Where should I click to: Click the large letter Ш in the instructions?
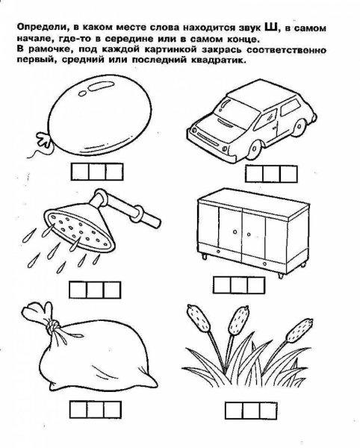coord(271,27)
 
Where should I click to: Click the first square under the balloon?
coord(80,172)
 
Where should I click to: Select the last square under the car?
coord(288,174)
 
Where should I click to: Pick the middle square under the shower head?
coord(95,290)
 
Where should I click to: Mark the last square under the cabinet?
coord(256,285)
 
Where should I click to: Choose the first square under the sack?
coord(78,409)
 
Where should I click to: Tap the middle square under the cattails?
coord(251,411)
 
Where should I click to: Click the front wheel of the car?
coord(255,149)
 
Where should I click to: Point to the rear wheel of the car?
coord(300,127)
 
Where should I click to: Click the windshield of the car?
coord(236,112)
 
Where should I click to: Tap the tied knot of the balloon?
coord(44,140)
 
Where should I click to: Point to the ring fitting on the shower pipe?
coord(137,214)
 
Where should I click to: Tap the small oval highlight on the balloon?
coord(82,93)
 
